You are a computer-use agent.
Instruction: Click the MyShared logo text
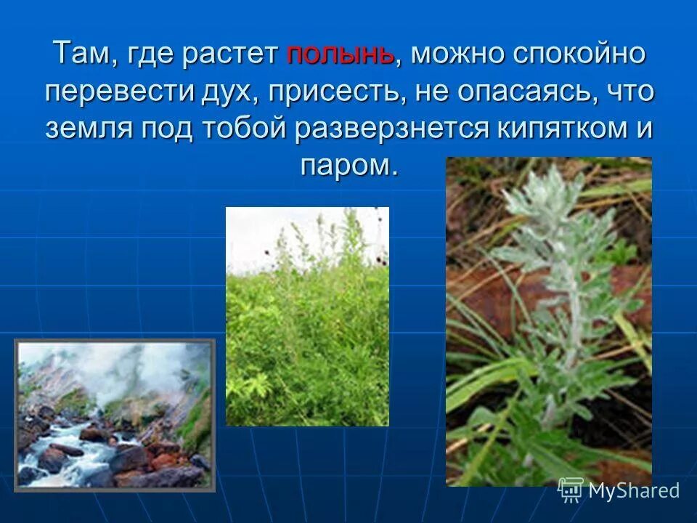click(x=633, y=490)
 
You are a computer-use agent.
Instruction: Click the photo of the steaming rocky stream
click(x=114, y=415)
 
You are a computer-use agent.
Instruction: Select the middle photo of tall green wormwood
click(x=307, y=316)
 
